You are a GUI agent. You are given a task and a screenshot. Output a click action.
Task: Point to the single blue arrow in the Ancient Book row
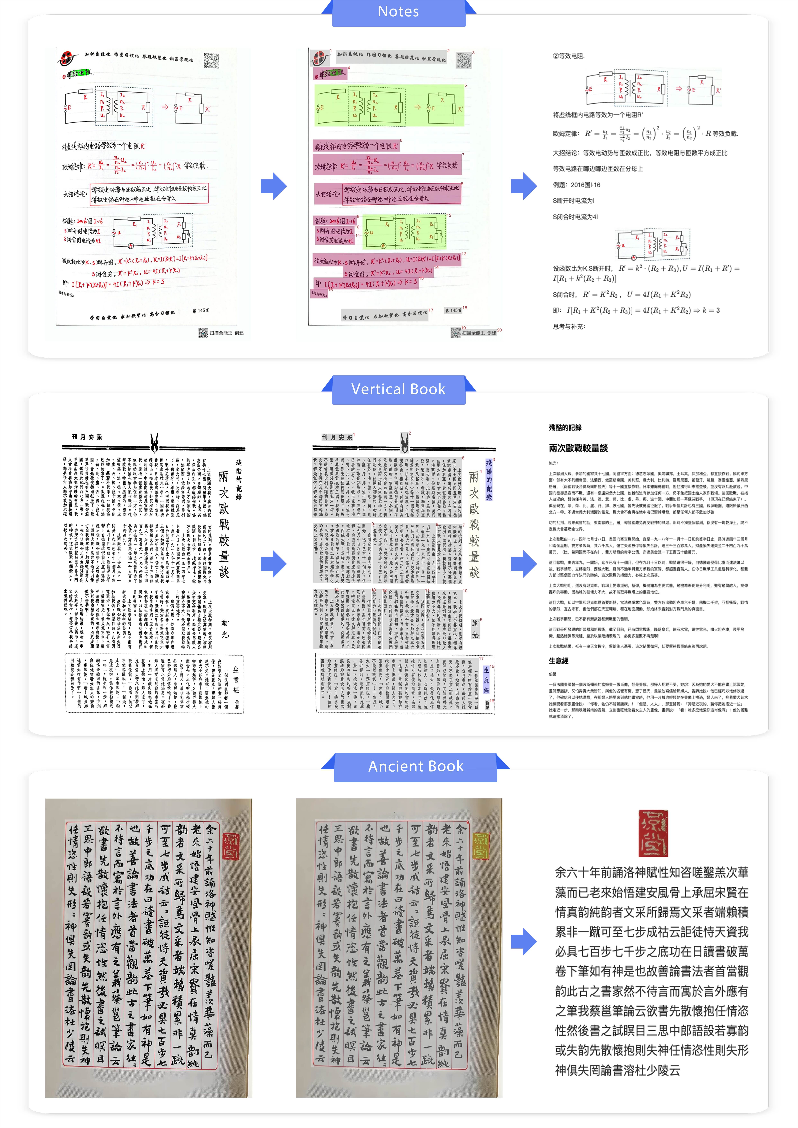pos(524,941)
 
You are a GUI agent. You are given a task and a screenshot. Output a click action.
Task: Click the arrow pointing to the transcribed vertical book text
pos(524,564)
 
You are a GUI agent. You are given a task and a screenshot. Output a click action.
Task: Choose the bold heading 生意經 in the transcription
pos(559,661)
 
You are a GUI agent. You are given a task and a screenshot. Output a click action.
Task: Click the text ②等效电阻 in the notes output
pos(569,56)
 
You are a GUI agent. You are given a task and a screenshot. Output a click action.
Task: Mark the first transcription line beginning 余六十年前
pos(652,872)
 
